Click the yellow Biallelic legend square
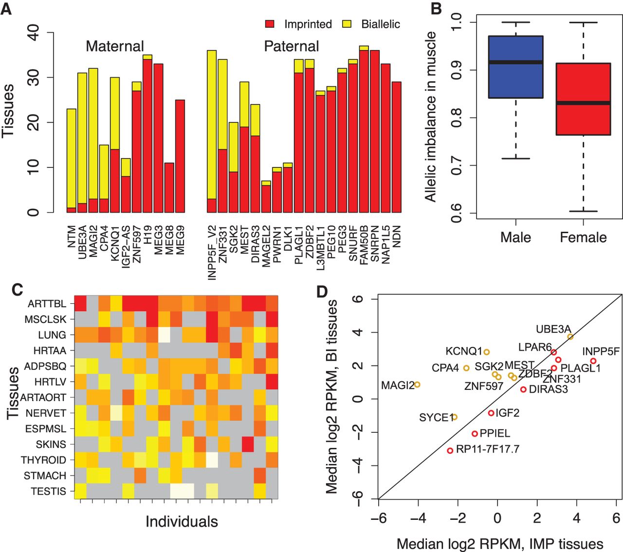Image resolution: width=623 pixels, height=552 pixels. pyautogui.click(x=347, y=24)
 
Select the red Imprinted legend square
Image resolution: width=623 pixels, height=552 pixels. pyautogui.click(x=270, y=24)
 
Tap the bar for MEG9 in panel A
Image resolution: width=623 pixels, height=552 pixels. pyautogui.click(x=180, y=156)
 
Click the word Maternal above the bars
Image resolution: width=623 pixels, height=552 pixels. pyautogui.click(x=115, y=46)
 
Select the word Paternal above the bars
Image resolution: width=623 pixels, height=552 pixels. pyautogui.click(x=291, y=46)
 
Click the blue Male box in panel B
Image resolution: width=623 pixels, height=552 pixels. pyautogui.click(x=515, y=67)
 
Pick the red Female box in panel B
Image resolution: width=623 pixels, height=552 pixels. pyautogui.click(x=583, y=99)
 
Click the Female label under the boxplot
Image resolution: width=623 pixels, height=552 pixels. pyautogui.click(x=583, y=238)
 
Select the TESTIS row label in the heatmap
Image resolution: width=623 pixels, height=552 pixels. pyautogui.click(x=48, y=491)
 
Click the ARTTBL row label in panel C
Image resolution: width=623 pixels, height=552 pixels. pyautogui.click(x=47, y=304)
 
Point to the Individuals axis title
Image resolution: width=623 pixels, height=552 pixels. pyautogui.click(x=182, y=522)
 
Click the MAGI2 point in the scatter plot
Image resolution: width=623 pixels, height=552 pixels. pyautogui.click(x=417, y=385)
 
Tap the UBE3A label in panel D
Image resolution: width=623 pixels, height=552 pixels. pyautogui.click(x=553, y=330)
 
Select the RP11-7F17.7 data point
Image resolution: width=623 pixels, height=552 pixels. pyautogui.click(x=450, y=451)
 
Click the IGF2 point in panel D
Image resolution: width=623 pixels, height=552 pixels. pyautogui.click(x=491, y=413)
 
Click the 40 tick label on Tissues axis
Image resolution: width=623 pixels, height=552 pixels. pyautogui.click(x=34, y=33)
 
